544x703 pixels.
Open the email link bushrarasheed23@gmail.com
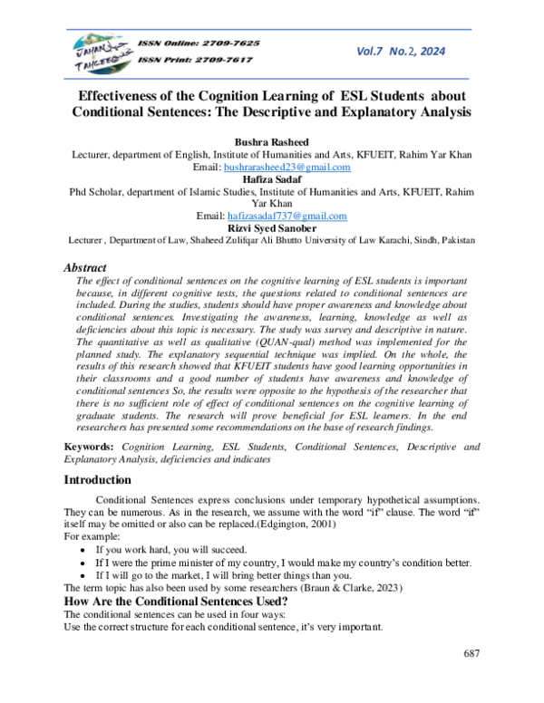coord(299,168)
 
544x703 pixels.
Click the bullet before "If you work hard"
coord(84,550)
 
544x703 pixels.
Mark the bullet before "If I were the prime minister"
coord(84,563)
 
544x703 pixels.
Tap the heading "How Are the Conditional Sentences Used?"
coord(176,602)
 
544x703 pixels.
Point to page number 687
coord(471,653)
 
